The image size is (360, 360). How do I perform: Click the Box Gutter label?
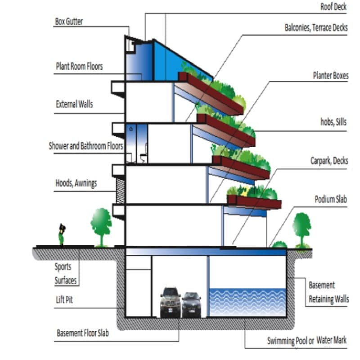69,21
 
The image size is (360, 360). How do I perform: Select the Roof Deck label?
333,7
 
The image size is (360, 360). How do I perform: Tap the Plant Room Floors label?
79,66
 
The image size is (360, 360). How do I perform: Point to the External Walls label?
74,104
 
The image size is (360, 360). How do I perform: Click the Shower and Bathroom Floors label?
86,146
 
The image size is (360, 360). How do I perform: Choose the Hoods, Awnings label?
76,184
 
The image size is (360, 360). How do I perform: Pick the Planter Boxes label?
331,76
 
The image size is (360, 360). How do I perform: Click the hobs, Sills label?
333,122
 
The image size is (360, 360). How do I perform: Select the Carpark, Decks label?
329,161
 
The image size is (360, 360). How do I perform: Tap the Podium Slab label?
331,199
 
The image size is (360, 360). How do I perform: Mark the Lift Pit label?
64,300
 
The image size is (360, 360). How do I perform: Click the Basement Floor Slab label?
83,333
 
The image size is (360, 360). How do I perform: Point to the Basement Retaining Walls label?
329,292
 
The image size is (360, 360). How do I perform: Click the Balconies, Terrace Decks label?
316,27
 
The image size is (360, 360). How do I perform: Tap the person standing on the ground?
62,234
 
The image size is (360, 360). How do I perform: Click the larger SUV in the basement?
171,302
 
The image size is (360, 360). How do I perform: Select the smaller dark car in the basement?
192,305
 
